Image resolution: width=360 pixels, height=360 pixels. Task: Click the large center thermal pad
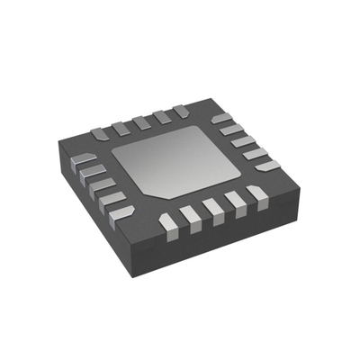tap(184, 162)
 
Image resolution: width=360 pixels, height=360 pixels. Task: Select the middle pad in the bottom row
tap(214, 209)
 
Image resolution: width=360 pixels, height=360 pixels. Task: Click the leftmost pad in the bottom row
tap(167, 220)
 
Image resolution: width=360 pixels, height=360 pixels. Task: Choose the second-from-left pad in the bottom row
tap(191, 215)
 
